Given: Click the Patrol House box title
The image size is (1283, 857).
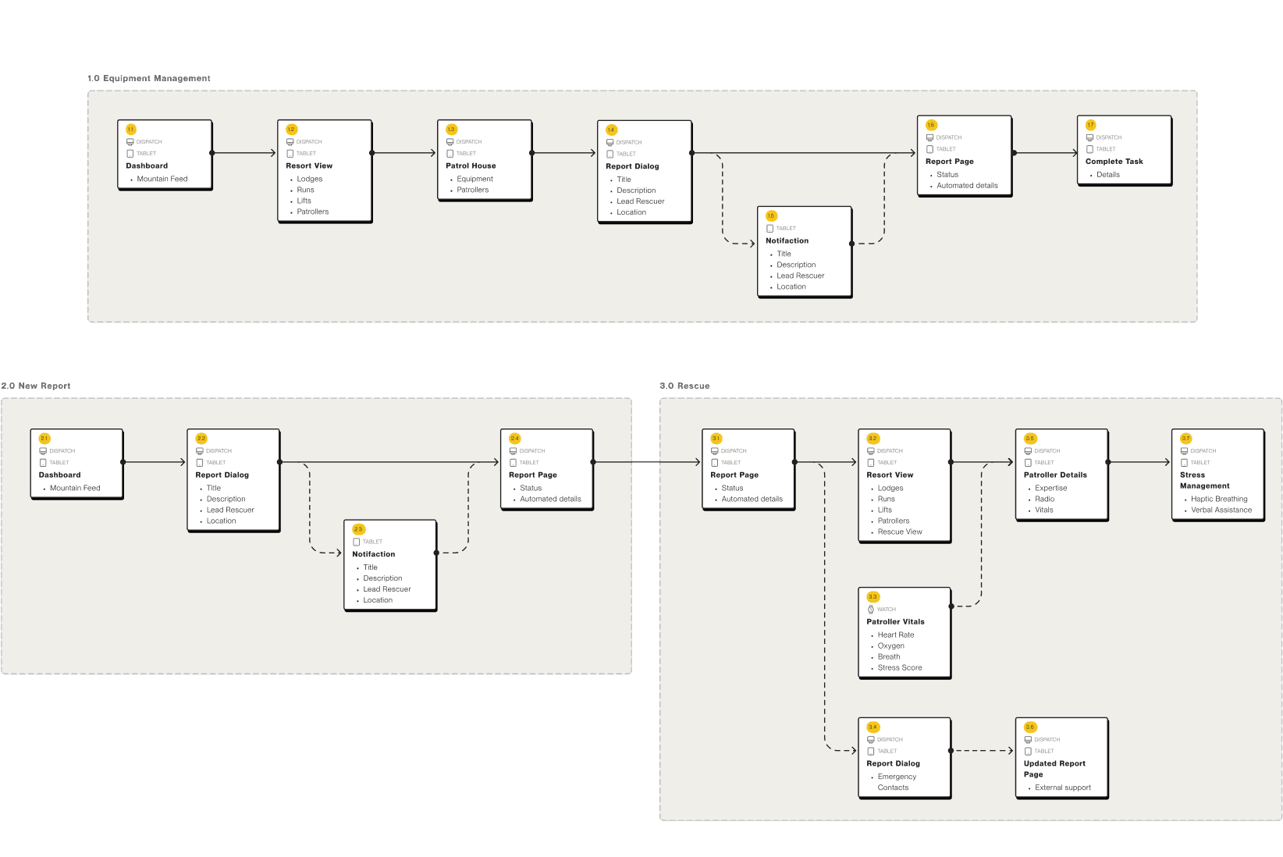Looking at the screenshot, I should click(x=471, y=165).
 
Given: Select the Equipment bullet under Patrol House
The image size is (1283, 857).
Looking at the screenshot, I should click(x=474, y=179).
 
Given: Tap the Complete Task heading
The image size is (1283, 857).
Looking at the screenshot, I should click(x=1114, y=162).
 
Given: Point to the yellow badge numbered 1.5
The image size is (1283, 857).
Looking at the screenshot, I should click(x=771, y=216).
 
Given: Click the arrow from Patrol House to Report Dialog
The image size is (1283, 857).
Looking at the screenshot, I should click(x=563, y=153).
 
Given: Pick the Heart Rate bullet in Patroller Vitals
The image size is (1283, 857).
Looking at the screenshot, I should click(x=895, y=635).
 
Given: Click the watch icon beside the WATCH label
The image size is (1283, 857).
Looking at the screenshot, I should click(x=871, y=610).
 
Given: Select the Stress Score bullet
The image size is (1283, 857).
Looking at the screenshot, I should click(x=899, y=667).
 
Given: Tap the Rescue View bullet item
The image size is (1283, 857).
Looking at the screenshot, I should click(x=899, y=532).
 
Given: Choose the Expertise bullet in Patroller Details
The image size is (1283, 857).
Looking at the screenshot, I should click(x=1050, y=488).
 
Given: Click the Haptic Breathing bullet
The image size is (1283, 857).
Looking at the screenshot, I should click(x=1219, y=499).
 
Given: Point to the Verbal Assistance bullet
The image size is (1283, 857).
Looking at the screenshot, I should click(x=1221, y=510).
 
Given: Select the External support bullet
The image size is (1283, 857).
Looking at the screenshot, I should click(x=1062, y=788).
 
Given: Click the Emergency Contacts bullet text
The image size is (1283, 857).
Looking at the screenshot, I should click(x=896, y=782).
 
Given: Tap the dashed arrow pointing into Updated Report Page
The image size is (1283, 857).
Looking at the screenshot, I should click(x=983, y=751).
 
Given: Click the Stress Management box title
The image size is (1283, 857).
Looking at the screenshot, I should click(x=1204, y=480).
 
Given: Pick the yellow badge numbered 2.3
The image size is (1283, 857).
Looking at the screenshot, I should click(x=358, y=529).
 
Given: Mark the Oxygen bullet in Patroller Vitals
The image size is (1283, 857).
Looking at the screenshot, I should click(x=890, y=645).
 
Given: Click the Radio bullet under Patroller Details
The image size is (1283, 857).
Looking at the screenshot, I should click(x=1044, y=499).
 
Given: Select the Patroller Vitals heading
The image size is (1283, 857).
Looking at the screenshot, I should click(x=895, y=622).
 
